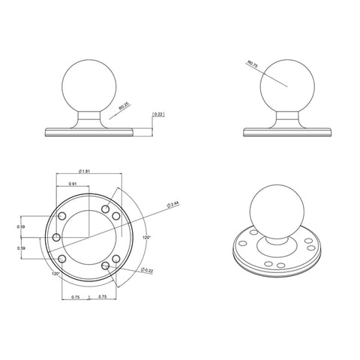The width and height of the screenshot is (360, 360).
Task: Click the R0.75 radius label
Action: [251, 67]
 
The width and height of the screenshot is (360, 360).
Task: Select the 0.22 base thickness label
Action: [158, 114]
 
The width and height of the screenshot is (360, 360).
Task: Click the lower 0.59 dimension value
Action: [22, 249]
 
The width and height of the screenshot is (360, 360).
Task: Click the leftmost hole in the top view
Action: [56, 237]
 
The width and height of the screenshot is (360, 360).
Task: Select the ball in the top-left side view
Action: [90, 84]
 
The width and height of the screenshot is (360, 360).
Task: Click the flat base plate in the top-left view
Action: [90, 131]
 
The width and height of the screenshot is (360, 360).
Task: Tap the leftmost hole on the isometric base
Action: [243, 242]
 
